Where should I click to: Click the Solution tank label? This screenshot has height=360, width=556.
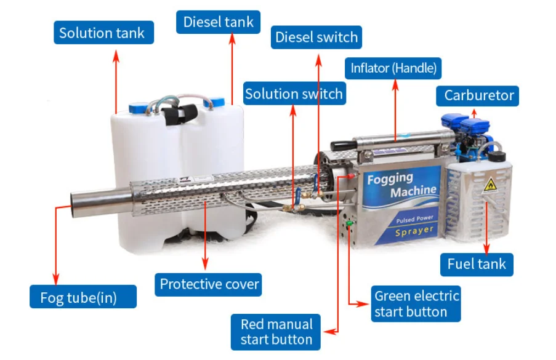(x=102, y=33)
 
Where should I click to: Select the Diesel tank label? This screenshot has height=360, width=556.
(x=219, y=23)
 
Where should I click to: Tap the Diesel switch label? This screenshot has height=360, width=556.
(x=316, y=37)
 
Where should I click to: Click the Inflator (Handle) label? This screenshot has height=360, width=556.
(x=393, y=68)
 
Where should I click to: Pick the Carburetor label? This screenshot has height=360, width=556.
(x=478, y=95)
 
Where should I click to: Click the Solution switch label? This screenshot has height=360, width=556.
(x=294, y=94)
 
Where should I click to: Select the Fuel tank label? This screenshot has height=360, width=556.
(x=477, y=264)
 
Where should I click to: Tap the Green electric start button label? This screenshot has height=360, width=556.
(x=416, y=303)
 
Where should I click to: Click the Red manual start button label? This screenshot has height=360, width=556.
(x=276, y=332)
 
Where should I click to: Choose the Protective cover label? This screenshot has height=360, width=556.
(x=209, y=284)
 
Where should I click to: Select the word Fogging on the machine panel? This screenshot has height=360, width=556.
(x=390, y=179)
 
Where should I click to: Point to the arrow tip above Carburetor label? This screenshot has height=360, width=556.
(x=474, y=110)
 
